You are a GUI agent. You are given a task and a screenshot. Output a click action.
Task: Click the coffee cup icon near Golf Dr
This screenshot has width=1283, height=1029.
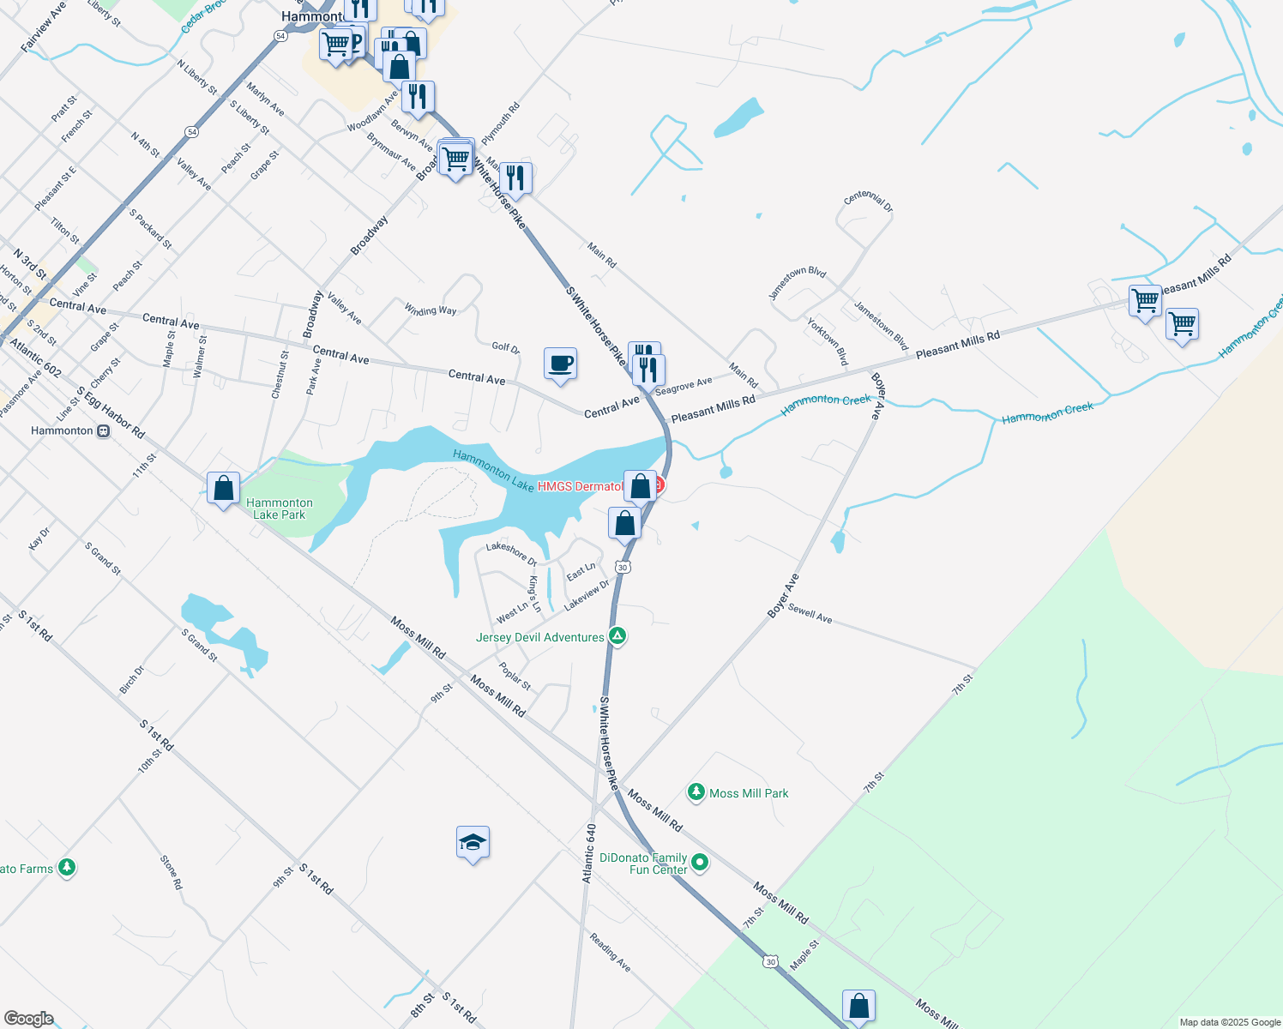click(x=560, y=363)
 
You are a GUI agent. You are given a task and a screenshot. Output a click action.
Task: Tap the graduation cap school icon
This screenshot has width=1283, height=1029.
click(x=473, y=843)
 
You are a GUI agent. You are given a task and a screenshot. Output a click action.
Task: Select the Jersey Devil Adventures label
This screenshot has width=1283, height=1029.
click(x=540, y=637)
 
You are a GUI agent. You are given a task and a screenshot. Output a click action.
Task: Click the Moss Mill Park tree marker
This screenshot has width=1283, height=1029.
click(x=696, y=792)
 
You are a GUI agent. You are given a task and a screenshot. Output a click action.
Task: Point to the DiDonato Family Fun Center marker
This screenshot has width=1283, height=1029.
click(x=700, y=862)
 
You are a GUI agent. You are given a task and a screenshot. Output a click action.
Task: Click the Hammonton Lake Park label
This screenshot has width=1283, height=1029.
click(x=280, y=508)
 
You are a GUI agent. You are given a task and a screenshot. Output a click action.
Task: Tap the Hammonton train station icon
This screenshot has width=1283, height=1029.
click(x=104, y=430)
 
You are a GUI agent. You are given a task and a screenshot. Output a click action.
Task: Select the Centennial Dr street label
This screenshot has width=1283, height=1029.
click(x=868, y=202)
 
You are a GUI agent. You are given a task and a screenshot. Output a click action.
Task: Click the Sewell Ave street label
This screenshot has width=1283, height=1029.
click(x=810, y=613)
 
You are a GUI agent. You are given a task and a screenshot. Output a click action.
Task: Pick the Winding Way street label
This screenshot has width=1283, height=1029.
click(x=430, y=310)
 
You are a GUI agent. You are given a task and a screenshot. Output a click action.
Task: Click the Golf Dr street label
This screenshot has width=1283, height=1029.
click(x=505, y=347)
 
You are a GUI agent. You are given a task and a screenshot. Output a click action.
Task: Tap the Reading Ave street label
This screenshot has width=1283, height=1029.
click(x=610, y=953)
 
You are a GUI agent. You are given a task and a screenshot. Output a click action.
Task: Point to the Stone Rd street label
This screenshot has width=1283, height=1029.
click(x=171, y=872)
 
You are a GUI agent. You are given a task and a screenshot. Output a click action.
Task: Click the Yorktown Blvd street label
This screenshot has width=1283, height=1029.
click(x=827, y=341)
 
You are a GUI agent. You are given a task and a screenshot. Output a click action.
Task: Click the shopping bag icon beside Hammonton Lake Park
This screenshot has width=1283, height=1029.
click(x=223, y=488)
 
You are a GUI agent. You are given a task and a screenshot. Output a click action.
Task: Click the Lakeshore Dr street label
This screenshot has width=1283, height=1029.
click(x=511, y=553)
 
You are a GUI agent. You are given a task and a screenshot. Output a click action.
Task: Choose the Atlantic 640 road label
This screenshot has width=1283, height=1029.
click(x=589, y=853)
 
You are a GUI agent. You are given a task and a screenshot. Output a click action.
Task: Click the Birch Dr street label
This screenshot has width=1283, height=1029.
click(x=132, y=679)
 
